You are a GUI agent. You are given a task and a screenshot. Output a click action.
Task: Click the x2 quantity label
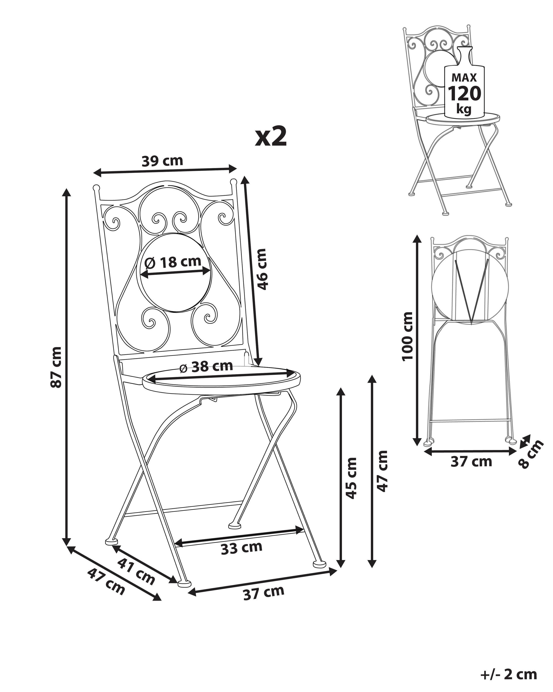(x=271, y=137)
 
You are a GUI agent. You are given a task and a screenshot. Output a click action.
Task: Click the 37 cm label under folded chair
(x=471, y=461)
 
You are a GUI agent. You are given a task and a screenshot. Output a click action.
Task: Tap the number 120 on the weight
(x=464, y=94)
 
